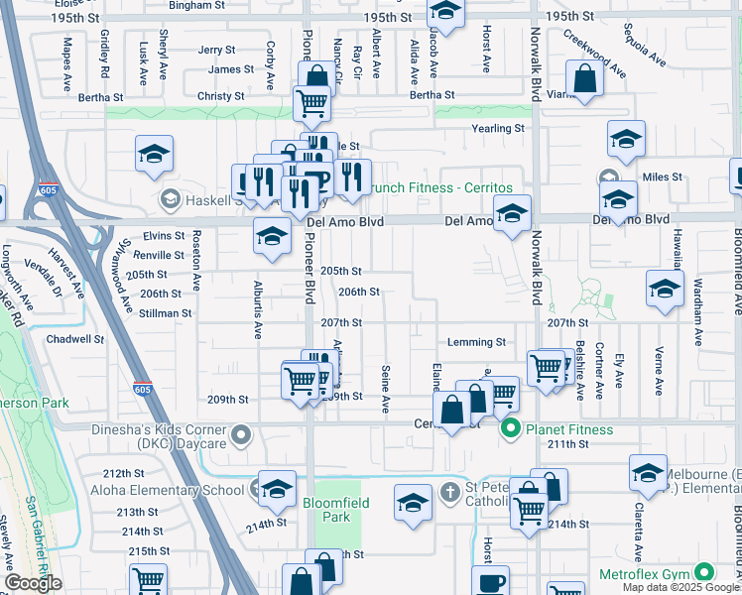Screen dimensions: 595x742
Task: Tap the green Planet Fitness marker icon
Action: point(511,429)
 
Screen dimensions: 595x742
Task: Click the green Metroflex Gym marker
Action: point(704,573)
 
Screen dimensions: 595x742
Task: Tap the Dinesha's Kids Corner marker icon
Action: point(240,434)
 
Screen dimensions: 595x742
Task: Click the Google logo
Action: point(33,583)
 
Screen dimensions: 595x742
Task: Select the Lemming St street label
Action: point(476,342)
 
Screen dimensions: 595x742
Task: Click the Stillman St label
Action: point(165,312)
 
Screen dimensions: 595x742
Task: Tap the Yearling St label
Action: point(498,129)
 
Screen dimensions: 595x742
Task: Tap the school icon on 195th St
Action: point(445,14)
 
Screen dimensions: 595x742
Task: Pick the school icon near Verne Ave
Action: point(665,289)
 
